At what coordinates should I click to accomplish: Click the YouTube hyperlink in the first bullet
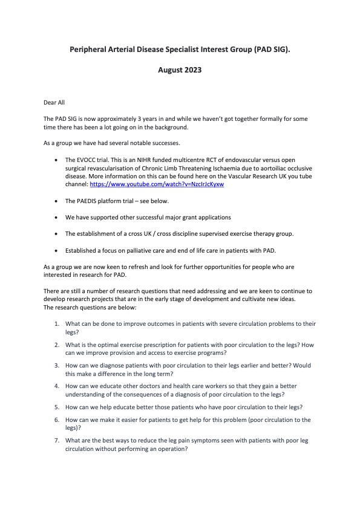click(157, 184)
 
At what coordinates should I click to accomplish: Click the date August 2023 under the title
click(180, 70)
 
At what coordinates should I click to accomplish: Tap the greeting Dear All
click(54, 103)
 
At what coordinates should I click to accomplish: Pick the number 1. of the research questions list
click(56, 324)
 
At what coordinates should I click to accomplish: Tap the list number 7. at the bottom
click(56, 440)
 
